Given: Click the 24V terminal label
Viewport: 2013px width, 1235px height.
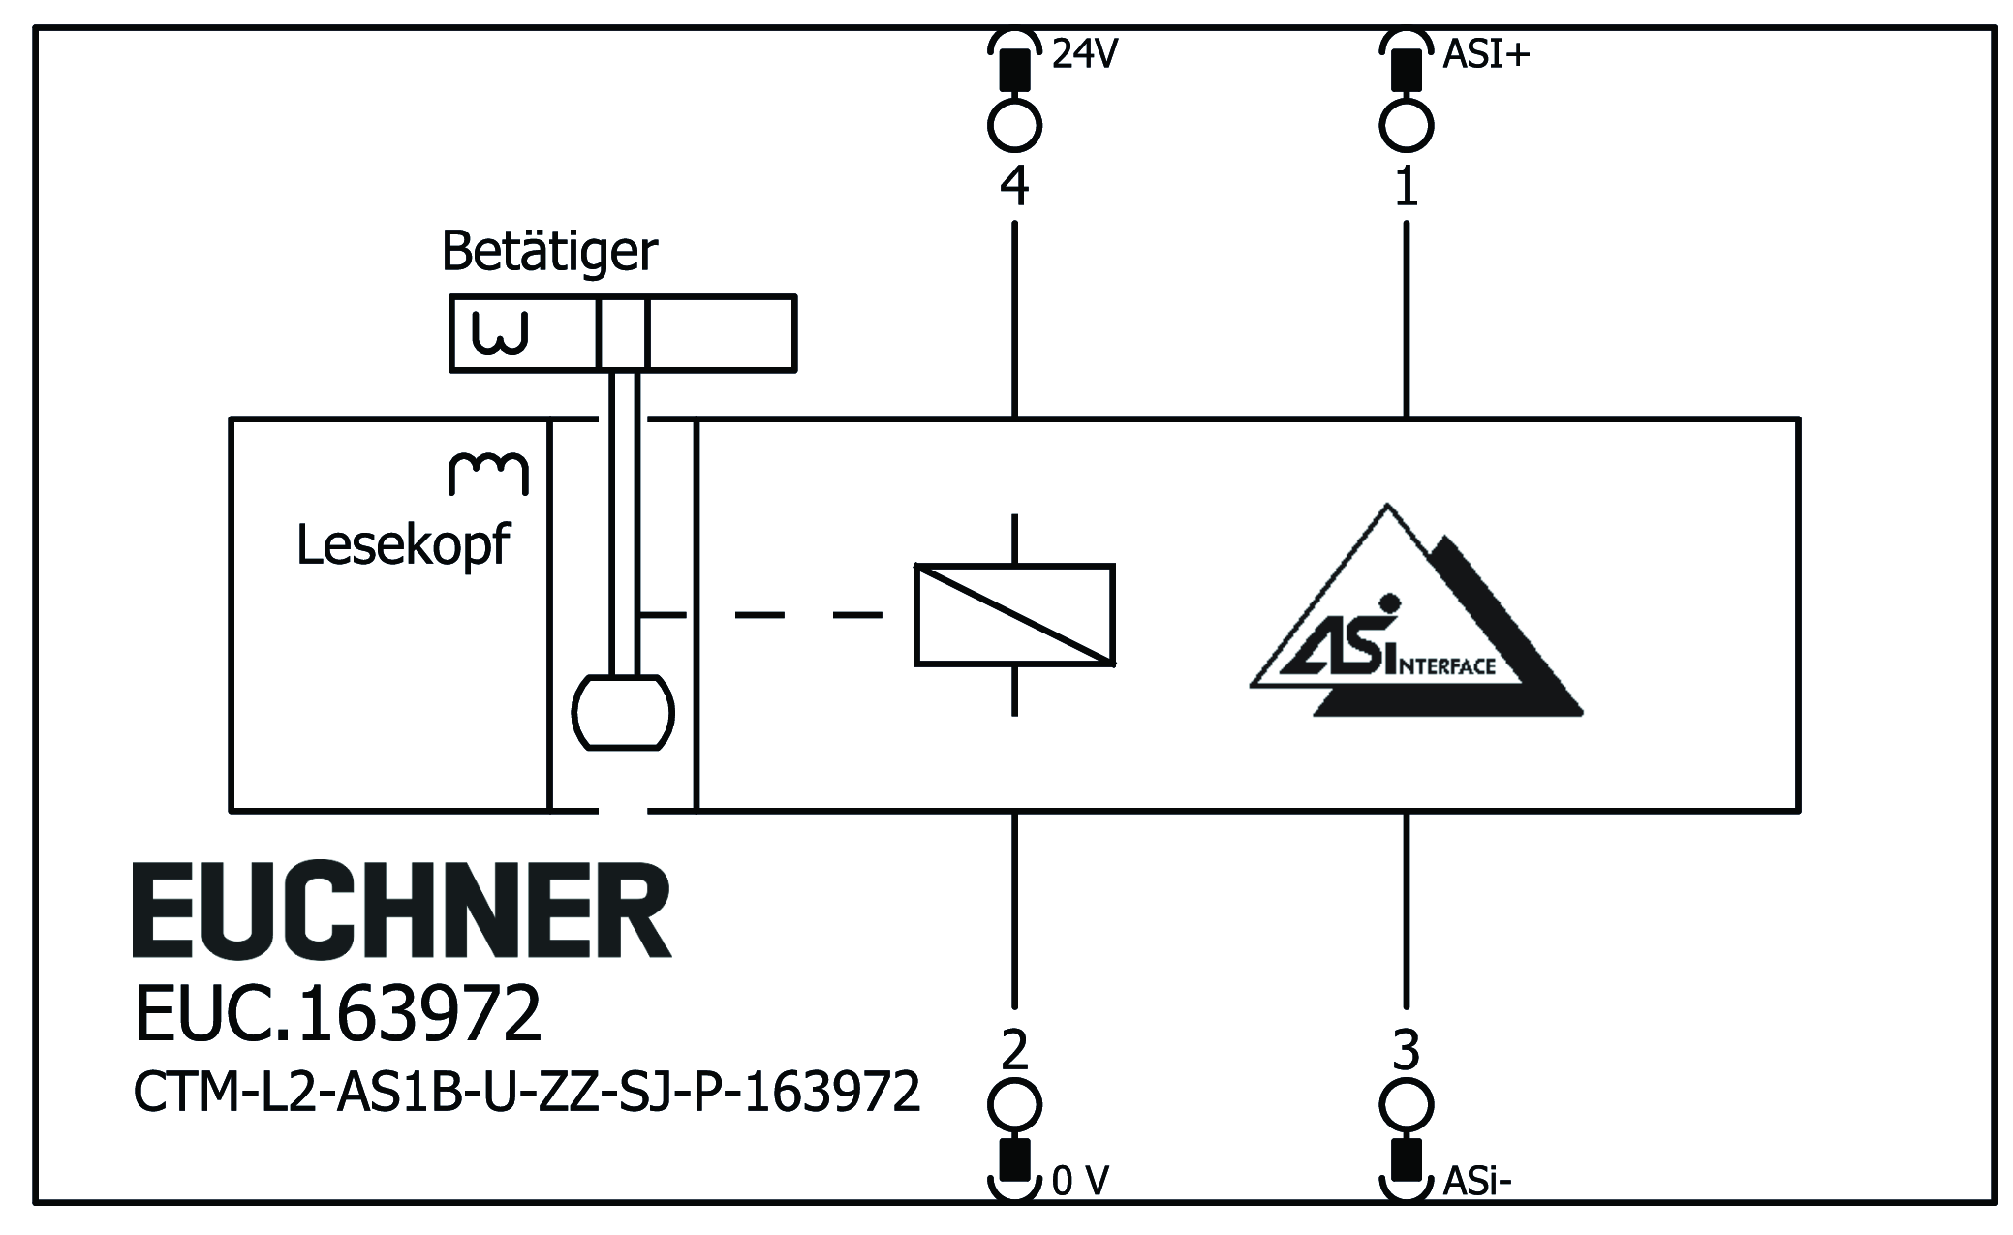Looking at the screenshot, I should point(1084,54).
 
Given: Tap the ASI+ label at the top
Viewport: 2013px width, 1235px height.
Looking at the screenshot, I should point(1485,54).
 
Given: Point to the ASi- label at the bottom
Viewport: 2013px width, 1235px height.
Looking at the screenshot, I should point(1477,1181).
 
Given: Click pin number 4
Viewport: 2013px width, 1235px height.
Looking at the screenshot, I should point(1014,186).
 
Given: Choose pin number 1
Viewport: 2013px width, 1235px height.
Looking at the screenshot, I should point(1406,186).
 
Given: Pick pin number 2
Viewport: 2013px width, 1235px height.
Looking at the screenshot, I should point(1014,1049).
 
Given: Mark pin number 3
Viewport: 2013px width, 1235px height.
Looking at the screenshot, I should point(1406,1049).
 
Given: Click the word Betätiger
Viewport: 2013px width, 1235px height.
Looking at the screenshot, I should point(548,252).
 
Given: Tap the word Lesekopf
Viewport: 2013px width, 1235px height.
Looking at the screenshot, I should point(402,545).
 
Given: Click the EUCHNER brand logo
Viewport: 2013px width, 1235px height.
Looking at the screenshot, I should point(401,911).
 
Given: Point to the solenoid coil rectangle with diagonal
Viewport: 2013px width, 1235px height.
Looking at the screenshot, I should point(1014,615).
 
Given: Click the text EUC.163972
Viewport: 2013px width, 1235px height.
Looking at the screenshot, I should point(337,1014).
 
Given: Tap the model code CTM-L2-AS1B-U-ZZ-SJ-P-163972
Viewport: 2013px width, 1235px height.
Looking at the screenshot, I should point(526,1093).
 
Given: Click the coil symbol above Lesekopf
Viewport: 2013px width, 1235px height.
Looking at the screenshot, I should point(488,474).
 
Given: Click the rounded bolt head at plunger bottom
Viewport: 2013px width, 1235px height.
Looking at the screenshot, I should point(623,713).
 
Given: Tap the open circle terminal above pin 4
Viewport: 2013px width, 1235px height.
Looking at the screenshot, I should point(1014,126).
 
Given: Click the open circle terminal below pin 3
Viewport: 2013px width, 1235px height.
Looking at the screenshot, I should point(1406,1104).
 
